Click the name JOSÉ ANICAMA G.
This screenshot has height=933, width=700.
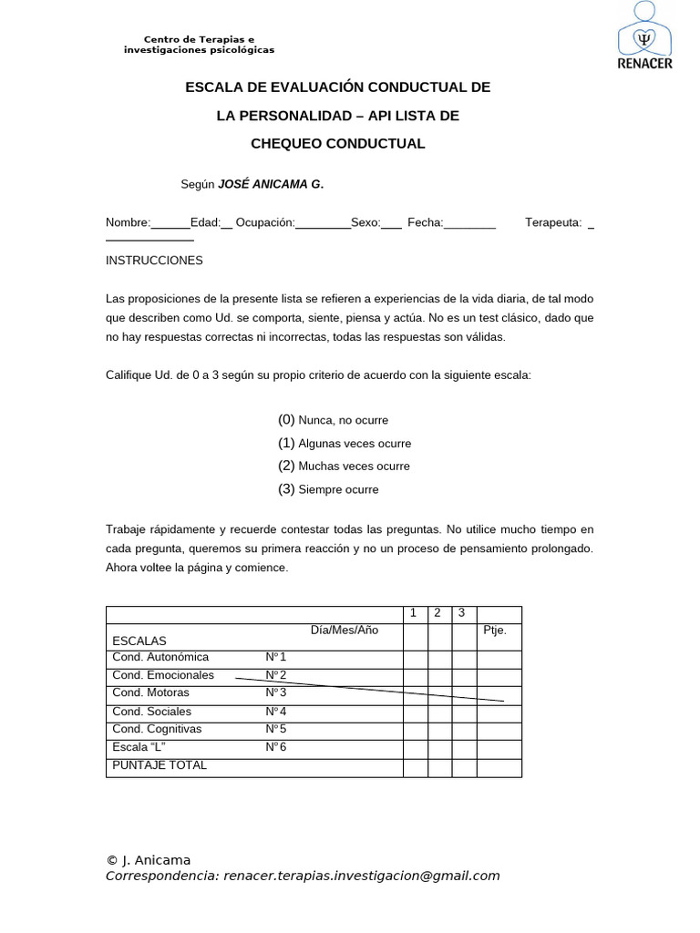tap(270, 184)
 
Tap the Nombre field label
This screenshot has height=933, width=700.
tap(128, 222)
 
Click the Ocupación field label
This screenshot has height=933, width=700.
tap(265, 222)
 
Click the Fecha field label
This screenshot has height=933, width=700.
tap(425, 222)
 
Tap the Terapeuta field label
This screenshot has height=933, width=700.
tap(552, 222)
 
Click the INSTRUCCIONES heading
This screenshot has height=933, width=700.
tap(154, 261)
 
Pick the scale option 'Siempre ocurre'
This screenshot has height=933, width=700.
tap(338, 489)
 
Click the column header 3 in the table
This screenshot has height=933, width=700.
tap(462, 613)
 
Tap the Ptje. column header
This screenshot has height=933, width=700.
tap(495, 631)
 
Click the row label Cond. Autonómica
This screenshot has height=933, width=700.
tap(160, 657)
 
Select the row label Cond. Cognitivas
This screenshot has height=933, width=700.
tap(157, 729)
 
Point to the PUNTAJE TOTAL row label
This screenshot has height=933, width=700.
tap(160, 765)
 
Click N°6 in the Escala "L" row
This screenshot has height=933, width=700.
tap(276, 747)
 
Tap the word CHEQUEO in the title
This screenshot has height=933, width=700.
tap(297, 144)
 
